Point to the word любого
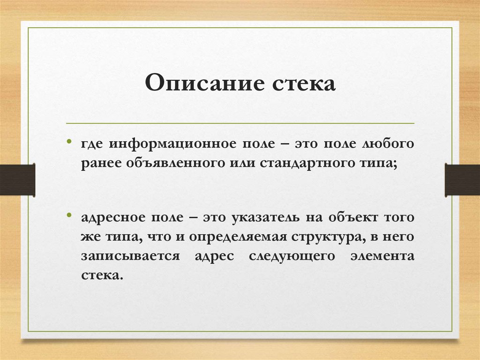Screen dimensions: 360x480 (388, 144)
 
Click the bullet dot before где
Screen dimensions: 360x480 (69, 141)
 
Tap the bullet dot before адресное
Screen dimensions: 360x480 (69, 216)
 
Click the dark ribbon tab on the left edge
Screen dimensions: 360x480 (17, 179)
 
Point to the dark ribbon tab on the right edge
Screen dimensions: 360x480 (462, 179)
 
